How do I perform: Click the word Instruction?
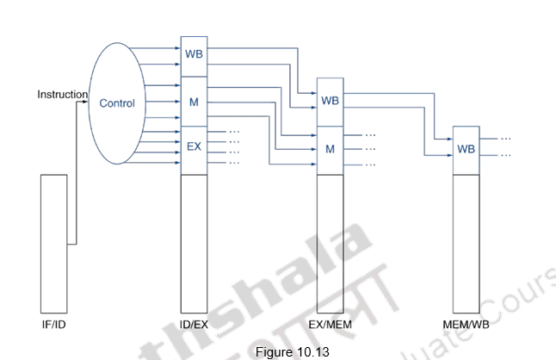[x=63, y=94]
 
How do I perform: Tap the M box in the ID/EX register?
[x=193, y=102]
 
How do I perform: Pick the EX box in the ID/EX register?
[x=193, y=146]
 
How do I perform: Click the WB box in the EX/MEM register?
[x=330, y=101]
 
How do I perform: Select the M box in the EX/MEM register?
[x=330, y=148]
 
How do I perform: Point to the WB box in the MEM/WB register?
[x=466, y=148]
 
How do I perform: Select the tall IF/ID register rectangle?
[x=53, y=241]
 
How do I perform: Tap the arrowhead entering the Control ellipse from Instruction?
[x=86, y=102]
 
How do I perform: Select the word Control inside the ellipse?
[x=117, y=103]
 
